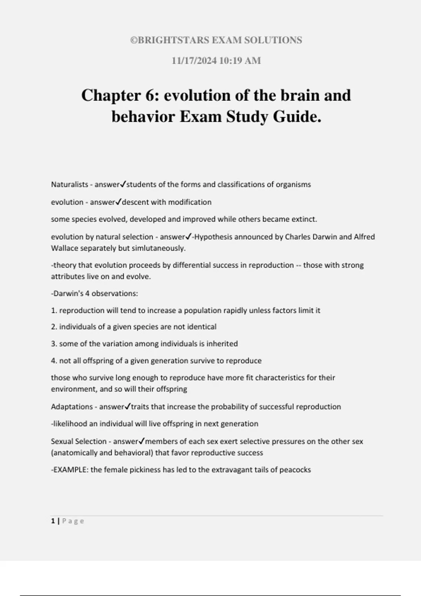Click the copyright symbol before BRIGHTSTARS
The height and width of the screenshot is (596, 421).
[133, 40]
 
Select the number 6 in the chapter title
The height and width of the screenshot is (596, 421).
[149, 95]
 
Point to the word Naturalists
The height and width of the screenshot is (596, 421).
[69, 184]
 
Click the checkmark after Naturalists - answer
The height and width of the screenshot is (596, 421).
[123, 184]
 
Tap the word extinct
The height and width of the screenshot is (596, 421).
[304, 219]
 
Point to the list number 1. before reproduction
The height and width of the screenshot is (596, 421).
[54, 310]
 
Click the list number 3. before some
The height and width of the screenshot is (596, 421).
[54, 344]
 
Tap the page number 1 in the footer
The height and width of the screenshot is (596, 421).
[53, 521]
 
